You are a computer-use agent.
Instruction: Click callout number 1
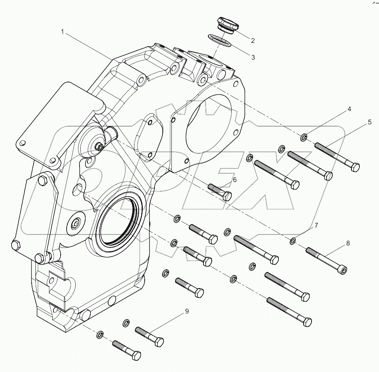[63, 32]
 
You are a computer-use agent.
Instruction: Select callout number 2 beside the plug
[253, 41]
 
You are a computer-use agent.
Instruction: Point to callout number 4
[349, 109]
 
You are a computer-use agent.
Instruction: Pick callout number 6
[234, 180]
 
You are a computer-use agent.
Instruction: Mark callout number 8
[348, 243]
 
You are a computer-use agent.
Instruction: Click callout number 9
[186, 311]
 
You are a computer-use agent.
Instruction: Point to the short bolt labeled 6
[219, 191]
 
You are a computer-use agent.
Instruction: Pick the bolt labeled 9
[149, 336]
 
